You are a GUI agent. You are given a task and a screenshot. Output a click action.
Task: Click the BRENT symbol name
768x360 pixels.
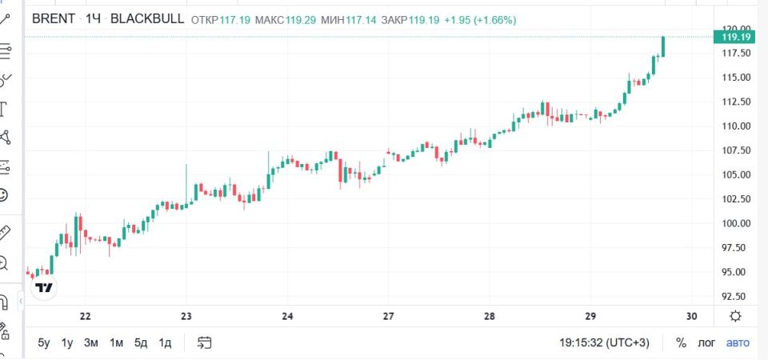[54, 19]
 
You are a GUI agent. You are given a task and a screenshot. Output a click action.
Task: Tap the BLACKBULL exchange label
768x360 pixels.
[147, 19]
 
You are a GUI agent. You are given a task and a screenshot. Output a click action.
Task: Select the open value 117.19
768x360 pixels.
[234, 20]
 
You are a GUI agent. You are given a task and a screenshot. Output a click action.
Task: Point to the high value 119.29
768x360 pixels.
[301, 20]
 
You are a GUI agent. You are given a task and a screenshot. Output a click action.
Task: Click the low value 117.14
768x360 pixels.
[362, 20]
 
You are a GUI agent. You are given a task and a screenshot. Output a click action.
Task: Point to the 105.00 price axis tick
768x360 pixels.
[737, 175]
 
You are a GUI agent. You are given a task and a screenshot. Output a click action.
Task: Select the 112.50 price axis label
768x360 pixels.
[737, 102]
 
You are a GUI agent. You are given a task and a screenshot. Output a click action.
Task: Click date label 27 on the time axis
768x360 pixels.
[389, 317]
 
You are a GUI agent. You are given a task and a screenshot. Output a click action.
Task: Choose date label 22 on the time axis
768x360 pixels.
[86, 317]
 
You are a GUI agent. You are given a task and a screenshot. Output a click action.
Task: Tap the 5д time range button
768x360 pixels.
[141, 343]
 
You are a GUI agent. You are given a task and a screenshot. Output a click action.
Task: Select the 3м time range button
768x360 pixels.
[91, 343]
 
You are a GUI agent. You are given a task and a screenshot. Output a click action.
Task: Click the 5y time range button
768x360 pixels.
[44, 343]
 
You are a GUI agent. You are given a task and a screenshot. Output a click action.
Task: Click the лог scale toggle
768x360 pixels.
[706, 343]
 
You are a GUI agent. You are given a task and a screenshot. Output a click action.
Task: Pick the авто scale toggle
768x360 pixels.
[738, 343]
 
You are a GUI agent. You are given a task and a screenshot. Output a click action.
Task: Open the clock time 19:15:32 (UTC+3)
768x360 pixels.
[605, 343]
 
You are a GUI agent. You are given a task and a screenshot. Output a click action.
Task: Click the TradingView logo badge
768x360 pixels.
[44, 287]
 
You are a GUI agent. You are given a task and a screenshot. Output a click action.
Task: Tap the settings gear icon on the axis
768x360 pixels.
[735, 317]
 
